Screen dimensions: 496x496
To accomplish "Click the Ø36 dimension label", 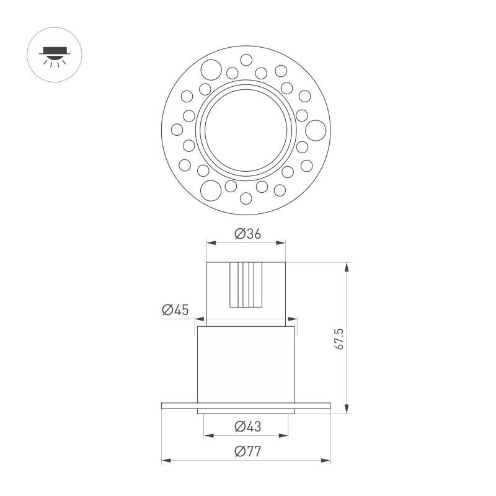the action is coord(247,234).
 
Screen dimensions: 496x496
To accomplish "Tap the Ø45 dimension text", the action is coord(175,309).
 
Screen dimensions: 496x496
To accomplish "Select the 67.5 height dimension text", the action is coord(339,339).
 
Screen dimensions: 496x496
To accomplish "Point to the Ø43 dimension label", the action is coord(247,427).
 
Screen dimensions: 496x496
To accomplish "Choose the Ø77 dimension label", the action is coord(247,451).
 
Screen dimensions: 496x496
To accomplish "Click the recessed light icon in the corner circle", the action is coord(55,57).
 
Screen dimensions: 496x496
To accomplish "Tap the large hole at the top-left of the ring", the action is coord(211,69).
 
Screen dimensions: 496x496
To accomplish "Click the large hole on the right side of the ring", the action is coord(316,130).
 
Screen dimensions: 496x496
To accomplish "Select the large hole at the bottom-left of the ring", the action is coord(211,191).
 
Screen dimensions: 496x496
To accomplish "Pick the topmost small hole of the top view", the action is coord(246,60).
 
